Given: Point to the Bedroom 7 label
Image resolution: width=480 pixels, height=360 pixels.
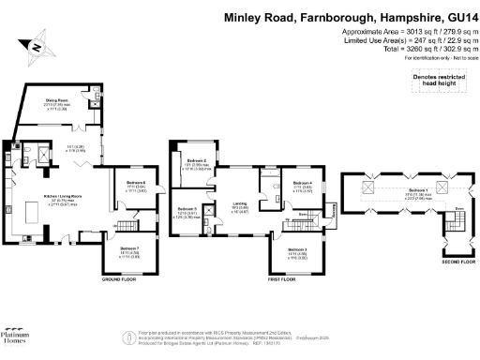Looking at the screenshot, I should tap(129, 248).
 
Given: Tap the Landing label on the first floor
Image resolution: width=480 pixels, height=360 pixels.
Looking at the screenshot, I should tap(240, 205).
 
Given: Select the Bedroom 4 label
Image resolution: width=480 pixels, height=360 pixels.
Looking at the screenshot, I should tap(302, 183).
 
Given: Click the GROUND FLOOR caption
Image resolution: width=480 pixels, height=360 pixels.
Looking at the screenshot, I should tap(119, 279).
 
